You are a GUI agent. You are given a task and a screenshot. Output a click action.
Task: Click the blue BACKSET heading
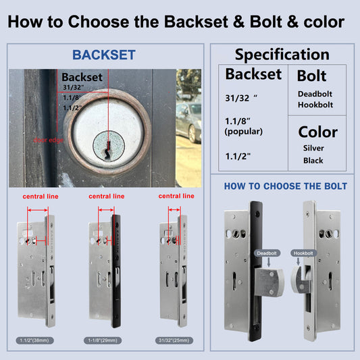104,55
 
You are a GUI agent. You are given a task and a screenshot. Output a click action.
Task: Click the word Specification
282,55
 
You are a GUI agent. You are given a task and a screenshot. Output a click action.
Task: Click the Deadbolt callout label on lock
265,253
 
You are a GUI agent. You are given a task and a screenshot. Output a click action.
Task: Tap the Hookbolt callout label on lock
303,253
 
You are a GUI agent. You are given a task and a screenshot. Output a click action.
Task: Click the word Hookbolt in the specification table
314,105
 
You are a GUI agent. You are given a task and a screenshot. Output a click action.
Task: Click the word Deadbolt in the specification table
315,94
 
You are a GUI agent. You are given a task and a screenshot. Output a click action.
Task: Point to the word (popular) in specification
243,131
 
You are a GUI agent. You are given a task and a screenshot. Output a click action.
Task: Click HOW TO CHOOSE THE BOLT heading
285,186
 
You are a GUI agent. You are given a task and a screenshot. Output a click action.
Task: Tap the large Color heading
317,132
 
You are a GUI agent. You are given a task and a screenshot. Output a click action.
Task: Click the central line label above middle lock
107,196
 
